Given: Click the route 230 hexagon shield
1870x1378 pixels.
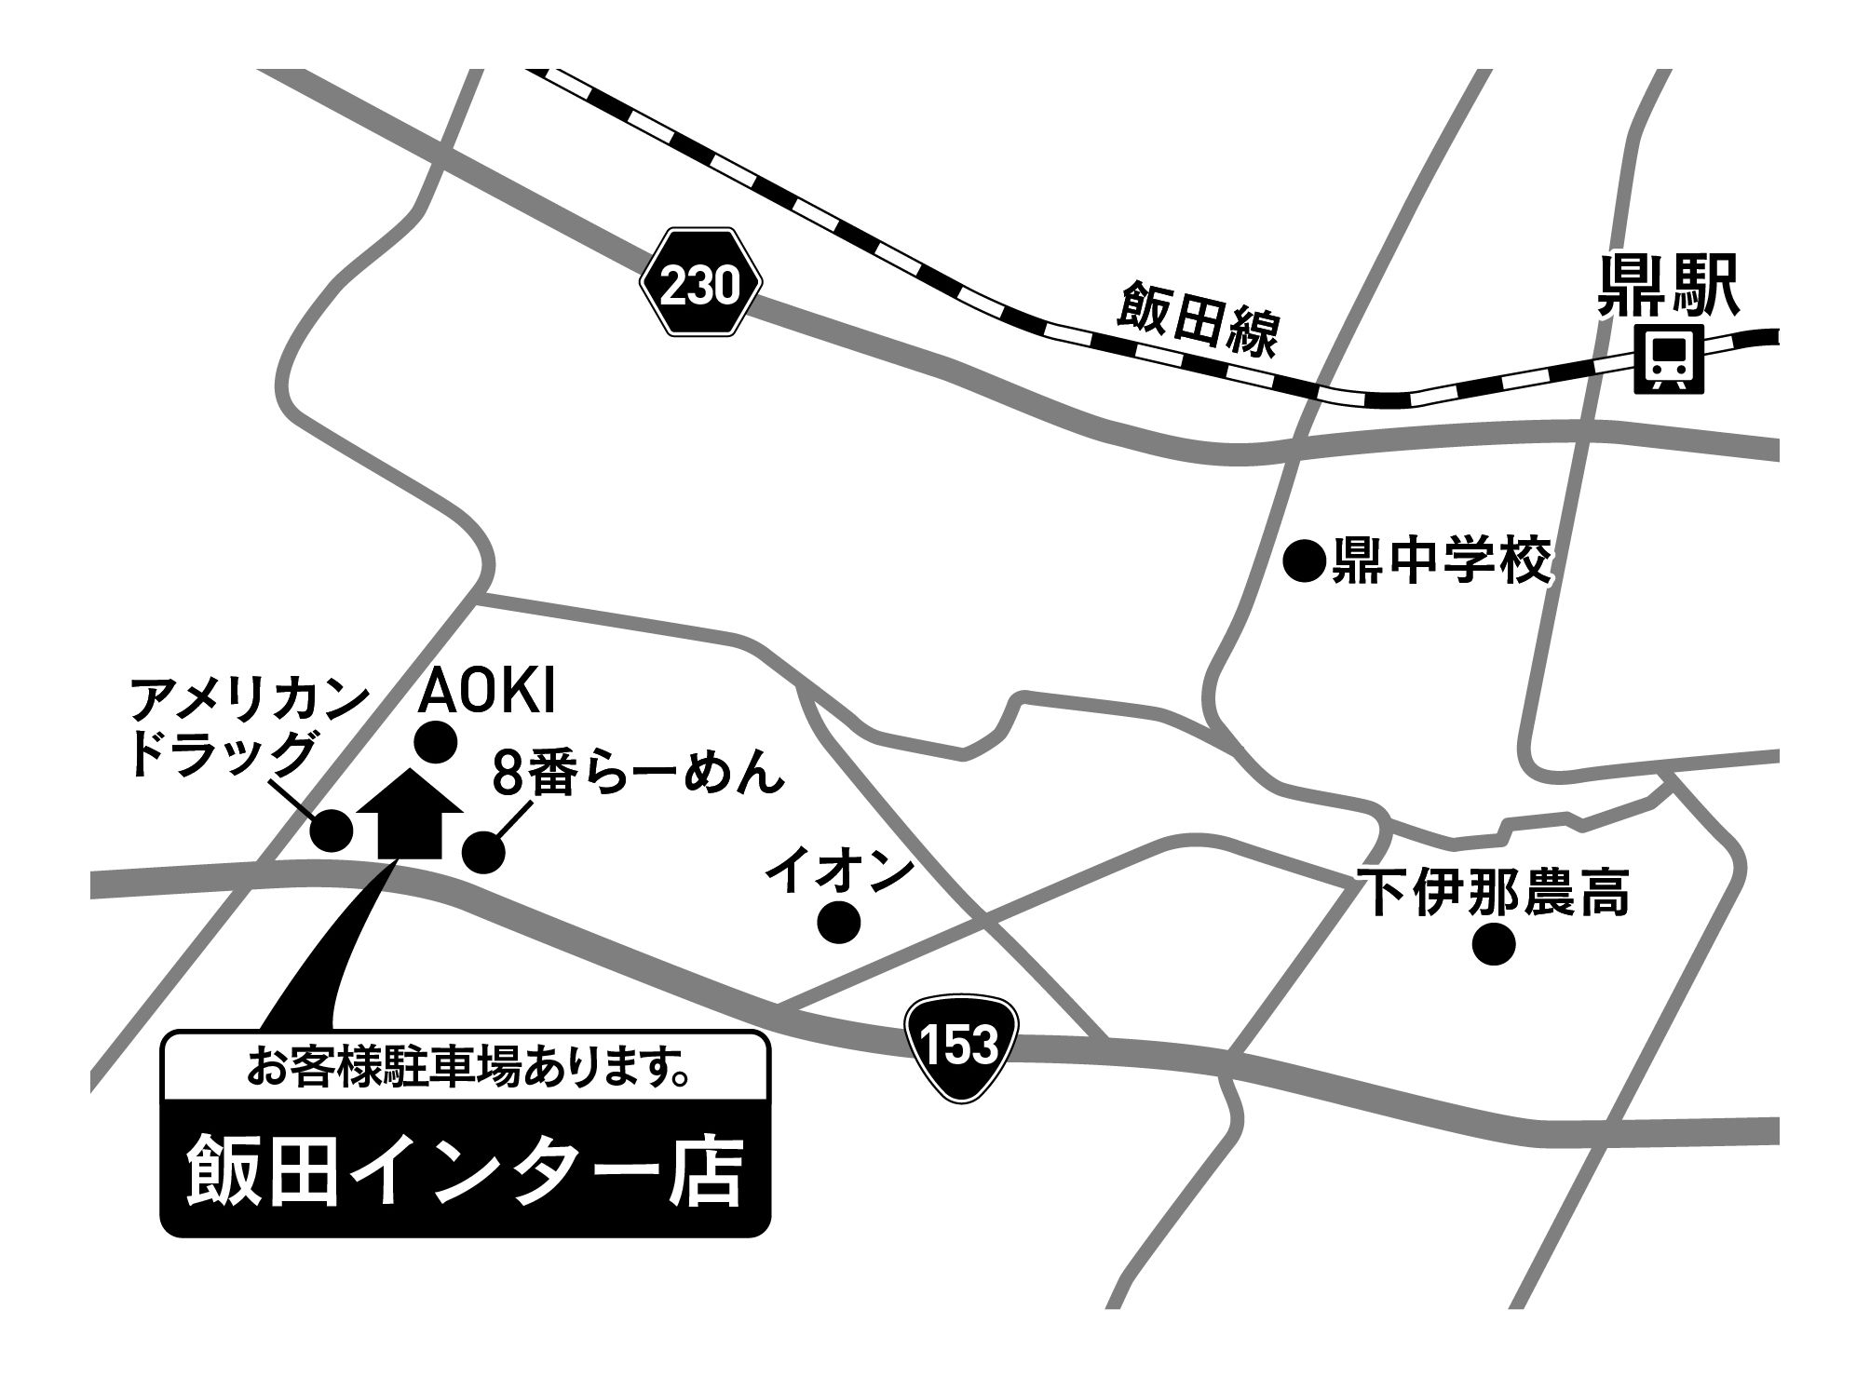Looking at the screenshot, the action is pyautogui.click(x=701, y=285).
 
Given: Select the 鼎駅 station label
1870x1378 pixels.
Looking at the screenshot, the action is pyautogui.click(x=1668, y=288).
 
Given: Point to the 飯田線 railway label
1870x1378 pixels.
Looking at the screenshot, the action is pyautogui.click(x=1199, y=321).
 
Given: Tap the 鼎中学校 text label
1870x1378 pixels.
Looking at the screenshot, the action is pyautogui.click(x=1442, y=561).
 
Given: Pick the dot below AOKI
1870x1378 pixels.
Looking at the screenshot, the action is pyautogui.click(x=436, y=743).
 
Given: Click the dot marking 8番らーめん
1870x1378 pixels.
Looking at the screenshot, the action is pyautogui.click(x=483, y=851).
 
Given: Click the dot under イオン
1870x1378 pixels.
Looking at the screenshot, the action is pyautogui.click(x=838, y=922).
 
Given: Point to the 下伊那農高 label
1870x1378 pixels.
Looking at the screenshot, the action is pyautogui.click(x=1493, y=893).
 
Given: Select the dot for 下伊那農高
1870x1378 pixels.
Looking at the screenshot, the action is pyautogui.click(x=1494, y=944).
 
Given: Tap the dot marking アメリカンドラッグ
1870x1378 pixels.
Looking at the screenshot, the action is pyautogui.click(x=332, y=830).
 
